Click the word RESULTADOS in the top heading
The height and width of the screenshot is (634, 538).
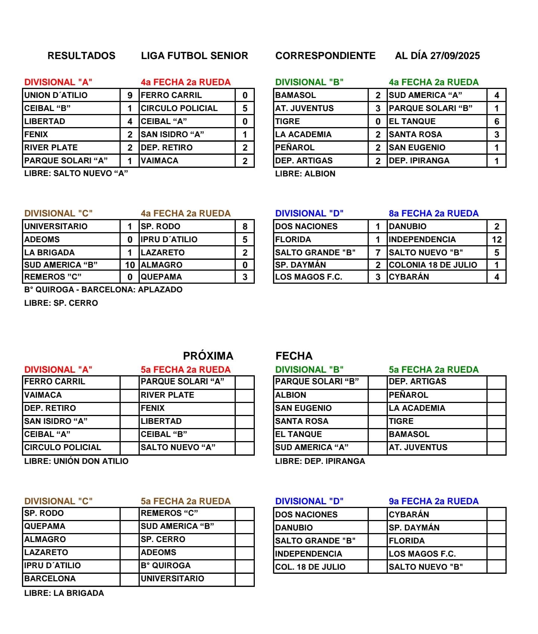point(81,56)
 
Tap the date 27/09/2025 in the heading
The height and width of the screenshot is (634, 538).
point(455,56)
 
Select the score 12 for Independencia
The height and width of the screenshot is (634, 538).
point(497,240)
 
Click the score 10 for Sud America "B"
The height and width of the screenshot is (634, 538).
point(130,265)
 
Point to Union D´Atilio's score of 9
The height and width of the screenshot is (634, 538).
point(130,95)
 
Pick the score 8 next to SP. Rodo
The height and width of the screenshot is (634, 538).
point(245,227)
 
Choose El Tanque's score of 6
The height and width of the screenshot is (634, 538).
point(497,121)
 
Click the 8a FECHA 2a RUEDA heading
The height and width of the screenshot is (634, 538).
point(433,213)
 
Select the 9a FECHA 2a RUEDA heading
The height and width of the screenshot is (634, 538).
point(433,501)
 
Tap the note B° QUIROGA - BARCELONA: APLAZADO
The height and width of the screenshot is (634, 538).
point(103,290)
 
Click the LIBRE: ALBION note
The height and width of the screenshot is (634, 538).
point(305,174)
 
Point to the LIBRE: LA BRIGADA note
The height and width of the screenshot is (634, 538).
point(64,593)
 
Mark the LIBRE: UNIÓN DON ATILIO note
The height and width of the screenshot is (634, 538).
point(76,461)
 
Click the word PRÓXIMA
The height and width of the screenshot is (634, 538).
point(208,356)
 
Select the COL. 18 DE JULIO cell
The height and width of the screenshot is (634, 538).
point(310,567)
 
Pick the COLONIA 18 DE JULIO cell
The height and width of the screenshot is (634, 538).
point(433,265)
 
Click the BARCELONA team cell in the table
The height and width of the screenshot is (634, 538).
point(50,579)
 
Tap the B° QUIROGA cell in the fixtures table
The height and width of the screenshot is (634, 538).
point(166,566)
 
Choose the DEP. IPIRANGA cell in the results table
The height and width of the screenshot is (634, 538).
point(419,161)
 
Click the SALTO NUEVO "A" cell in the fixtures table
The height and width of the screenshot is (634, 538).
point(178,447)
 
